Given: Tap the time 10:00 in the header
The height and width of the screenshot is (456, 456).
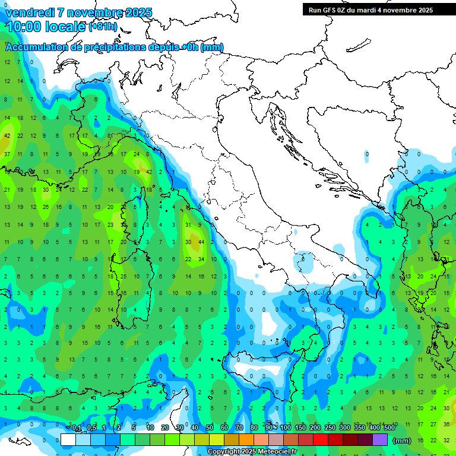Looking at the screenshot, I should pos(25,26).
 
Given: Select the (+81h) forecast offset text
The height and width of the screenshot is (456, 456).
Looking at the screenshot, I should pos(103,26).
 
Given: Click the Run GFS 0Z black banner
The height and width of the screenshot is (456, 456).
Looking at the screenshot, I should pos(370,10).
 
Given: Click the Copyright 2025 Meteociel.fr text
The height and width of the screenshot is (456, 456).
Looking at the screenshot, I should pos(252,451).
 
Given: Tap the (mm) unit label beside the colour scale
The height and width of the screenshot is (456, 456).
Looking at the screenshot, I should pos(401,441).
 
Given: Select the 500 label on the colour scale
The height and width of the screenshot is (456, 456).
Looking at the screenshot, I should pos(389,428).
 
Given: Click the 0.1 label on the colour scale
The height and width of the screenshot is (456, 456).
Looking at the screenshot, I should pos(77,428).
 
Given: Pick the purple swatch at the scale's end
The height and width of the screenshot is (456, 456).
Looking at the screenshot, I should pos(380,440).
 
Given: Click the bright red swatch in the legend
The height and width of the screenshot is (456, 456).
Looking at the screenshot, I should pos(321,440).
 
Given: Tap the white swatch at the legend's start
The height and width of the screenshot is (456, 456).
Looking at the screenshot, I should pos(68,440).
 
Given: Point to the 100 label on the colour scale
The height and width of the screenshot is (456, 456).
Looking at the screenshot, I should pos(286,428).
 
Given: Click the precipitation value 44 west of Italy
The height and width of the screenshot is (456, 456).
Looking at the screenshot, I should pos(202,242).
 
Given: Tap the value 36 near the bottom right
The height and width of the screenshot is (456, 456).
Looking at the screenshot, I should pos(446,424).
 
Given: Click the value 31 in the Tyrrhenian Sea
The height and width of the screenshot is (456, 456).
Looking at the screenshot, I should pos(188,224).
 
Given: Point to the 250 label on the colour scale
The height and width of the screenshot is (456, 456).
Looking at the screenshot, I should pos(330,428).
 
